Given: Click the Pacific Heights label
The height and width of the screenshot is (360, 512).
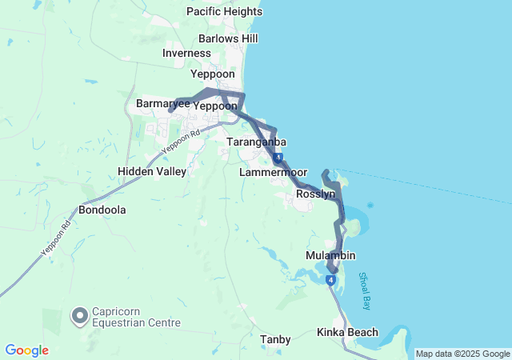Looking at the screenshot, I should pyautogui.click(x=224, y=12).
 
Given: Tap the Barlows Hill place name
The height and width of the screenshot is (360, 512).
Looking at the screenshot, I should pyautogui.click(x=228, y=38).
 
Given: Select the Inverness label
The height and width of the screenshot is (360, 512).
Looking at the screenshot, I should pyautogui.click(x=186, y=53).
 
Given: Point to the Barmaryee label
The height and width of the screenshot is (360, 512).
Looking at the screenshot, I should pyautogui.click(x=162, y=104).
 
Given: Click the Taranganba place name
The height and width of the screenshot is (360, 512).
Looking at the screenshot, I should pyautogui.click(x=256, y=142).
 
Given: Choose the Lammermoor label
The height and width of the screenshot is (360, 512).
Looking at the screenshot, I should pyautogui.click(x=273, y=172).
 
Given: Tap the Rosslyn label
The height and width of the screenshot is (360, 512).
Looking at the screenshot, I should pyautogui.click(x=315, y=194).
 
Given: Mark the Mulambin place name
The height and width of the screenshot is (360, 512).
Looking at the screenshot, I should pyautogui.click(x=330, y=255).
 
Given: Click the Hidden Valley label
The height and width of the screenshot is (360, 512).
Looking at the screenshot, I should pyautogui.click(x=152, y=171).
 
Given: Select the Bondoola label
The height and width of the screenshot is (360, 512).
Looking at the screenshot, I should pyautogui.click(x=102, y=210).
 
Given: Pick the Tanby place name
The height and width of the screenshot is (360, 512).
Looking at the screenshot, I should pyautogui.click(x=275, y=339).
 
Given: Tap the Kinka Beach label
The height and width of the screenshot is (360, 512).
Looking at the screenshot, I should pyautogui.click(x=347, y=331).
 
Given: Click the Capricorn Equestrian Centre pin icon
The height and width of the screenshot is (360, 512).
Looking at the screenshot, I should pyautogui.click(x=80, y=317).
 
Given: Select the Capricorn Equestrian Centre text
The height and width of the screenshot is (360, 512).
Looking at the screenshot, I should pyautogui.click(x=136, y=318).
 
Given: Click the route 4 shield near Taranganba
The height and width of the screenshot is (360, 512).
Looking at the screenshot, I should pyautogui.click(x=277, y=158).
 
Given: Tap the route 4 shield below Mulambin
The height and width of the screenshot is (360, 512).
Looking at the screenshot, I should pyautogui.click(x=330, y=279).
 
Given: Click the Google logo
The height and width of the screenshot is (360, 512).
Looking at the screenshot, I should pyautogui.click(x=26, y=350).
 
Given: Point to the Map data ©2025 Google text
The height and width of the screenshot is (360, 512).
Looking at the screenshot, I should pyautogui.click(x=462, y=354).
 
